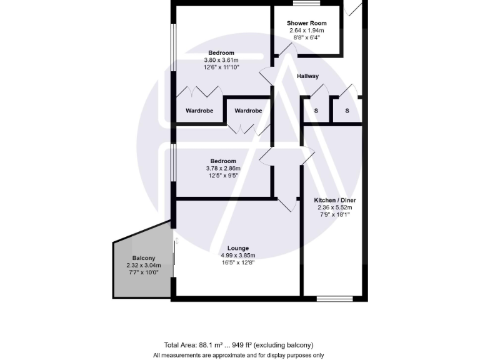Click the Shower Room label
(x=306, y=23)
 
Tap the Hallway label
(x=307, y=76)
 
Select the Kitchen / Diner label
(x=334, y=200)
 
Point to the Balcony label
(x=144, y=258)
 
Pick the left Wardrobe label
(x=199, y=111)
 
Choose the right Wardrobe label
(x=248, y=111)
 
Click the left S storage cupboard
(x=316, y=111)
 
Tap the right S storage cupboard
(x=347, y=111)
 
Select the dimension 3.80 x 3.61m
(x=221, y=60)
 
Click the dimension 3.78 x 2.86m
(x=222, y=169)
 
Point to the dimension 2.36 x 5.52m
(x=334, y=207)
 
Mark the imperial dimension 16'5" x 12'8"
(x=239, y=263)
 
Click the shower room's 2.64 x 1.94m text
(x=306, y=31)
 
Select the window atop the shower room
(x=307, y=3)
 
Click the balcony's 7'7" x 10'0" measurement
(x=144, y=272)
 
